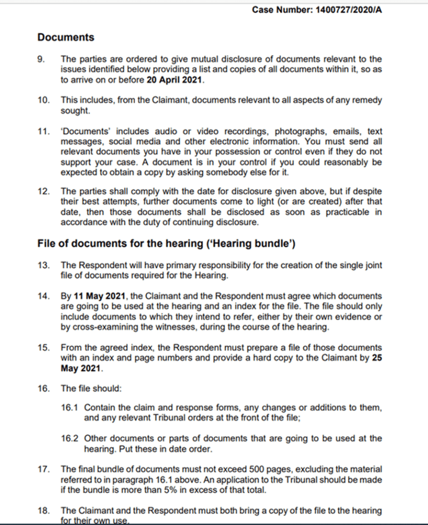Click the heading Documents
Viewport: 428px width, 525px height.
click(66, 37)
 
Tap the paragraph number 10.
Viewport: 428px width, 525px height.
click(43, 100)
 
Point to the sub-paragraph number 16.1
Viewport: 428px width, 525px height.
click(69, 407)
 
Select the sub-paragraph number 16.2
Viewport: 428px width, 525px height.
click(69, 438)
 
